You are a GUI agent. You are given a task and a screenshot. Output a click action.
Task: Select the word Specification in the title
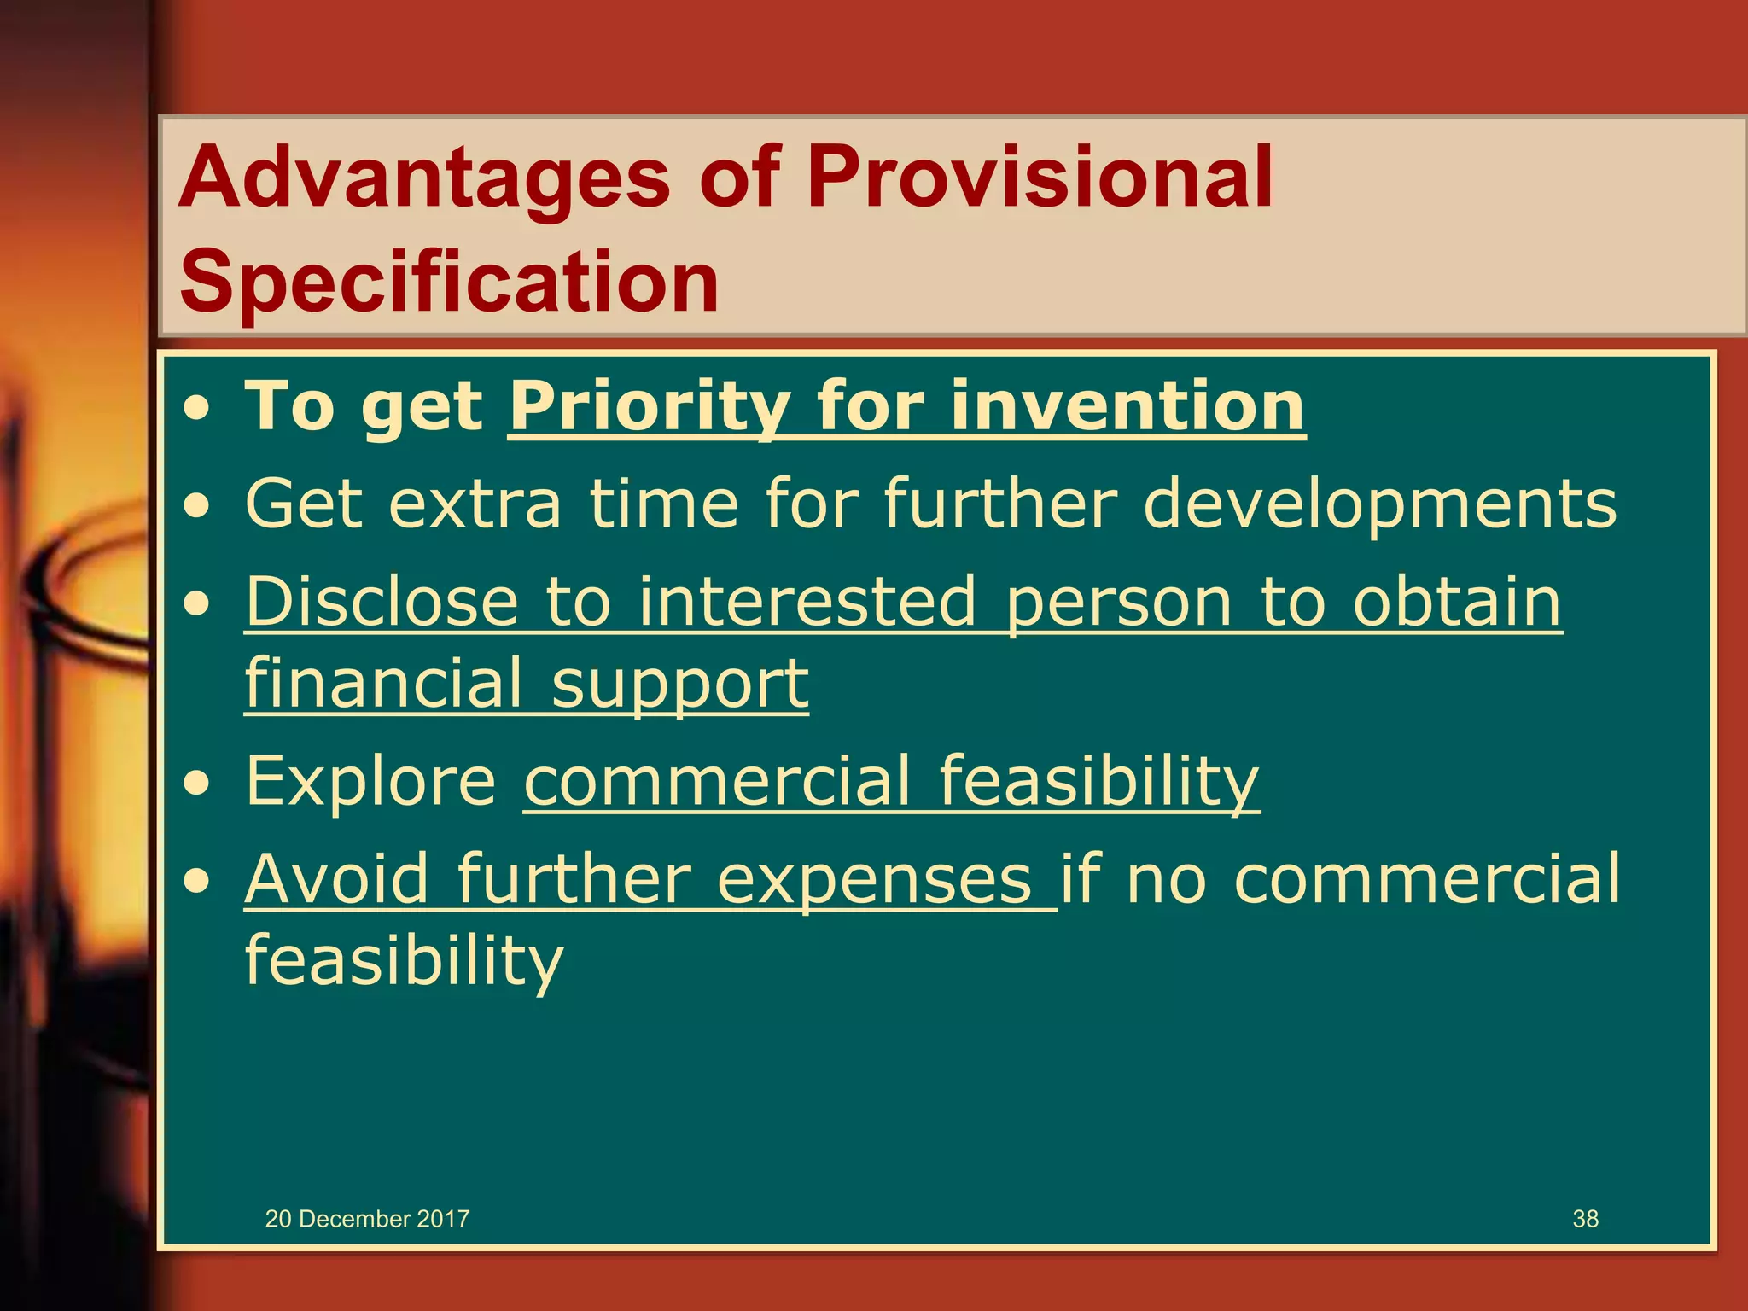(x=449, y=282)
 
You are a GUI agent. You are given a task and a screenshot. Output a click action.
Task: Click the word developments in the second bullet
(x=1379, y=504)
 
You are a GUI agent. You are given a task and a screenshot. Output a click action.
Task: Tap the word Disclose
(x=382, y=601)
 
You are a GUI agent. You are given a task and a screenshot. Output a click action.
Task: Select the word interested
(x=807, y=601)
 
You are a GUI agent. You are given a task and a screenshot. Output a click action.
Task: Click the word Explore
(x=370, y=780)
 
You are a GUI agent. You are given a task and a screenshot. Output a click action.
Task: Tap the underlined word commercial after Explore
(x=717, y=780)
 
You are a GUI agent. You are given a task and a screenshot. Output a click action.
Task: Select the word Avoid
(x=336, y=879)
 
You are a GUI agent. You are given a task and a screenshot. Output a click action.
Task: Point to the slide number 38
(x=1585, y=1219)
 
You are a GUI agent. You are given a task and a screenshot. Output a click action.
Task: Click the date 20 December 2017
(x=367, y=1219)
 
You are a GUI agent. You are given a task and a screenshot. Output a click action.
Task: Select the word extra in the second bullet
(x=475, y=504)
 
